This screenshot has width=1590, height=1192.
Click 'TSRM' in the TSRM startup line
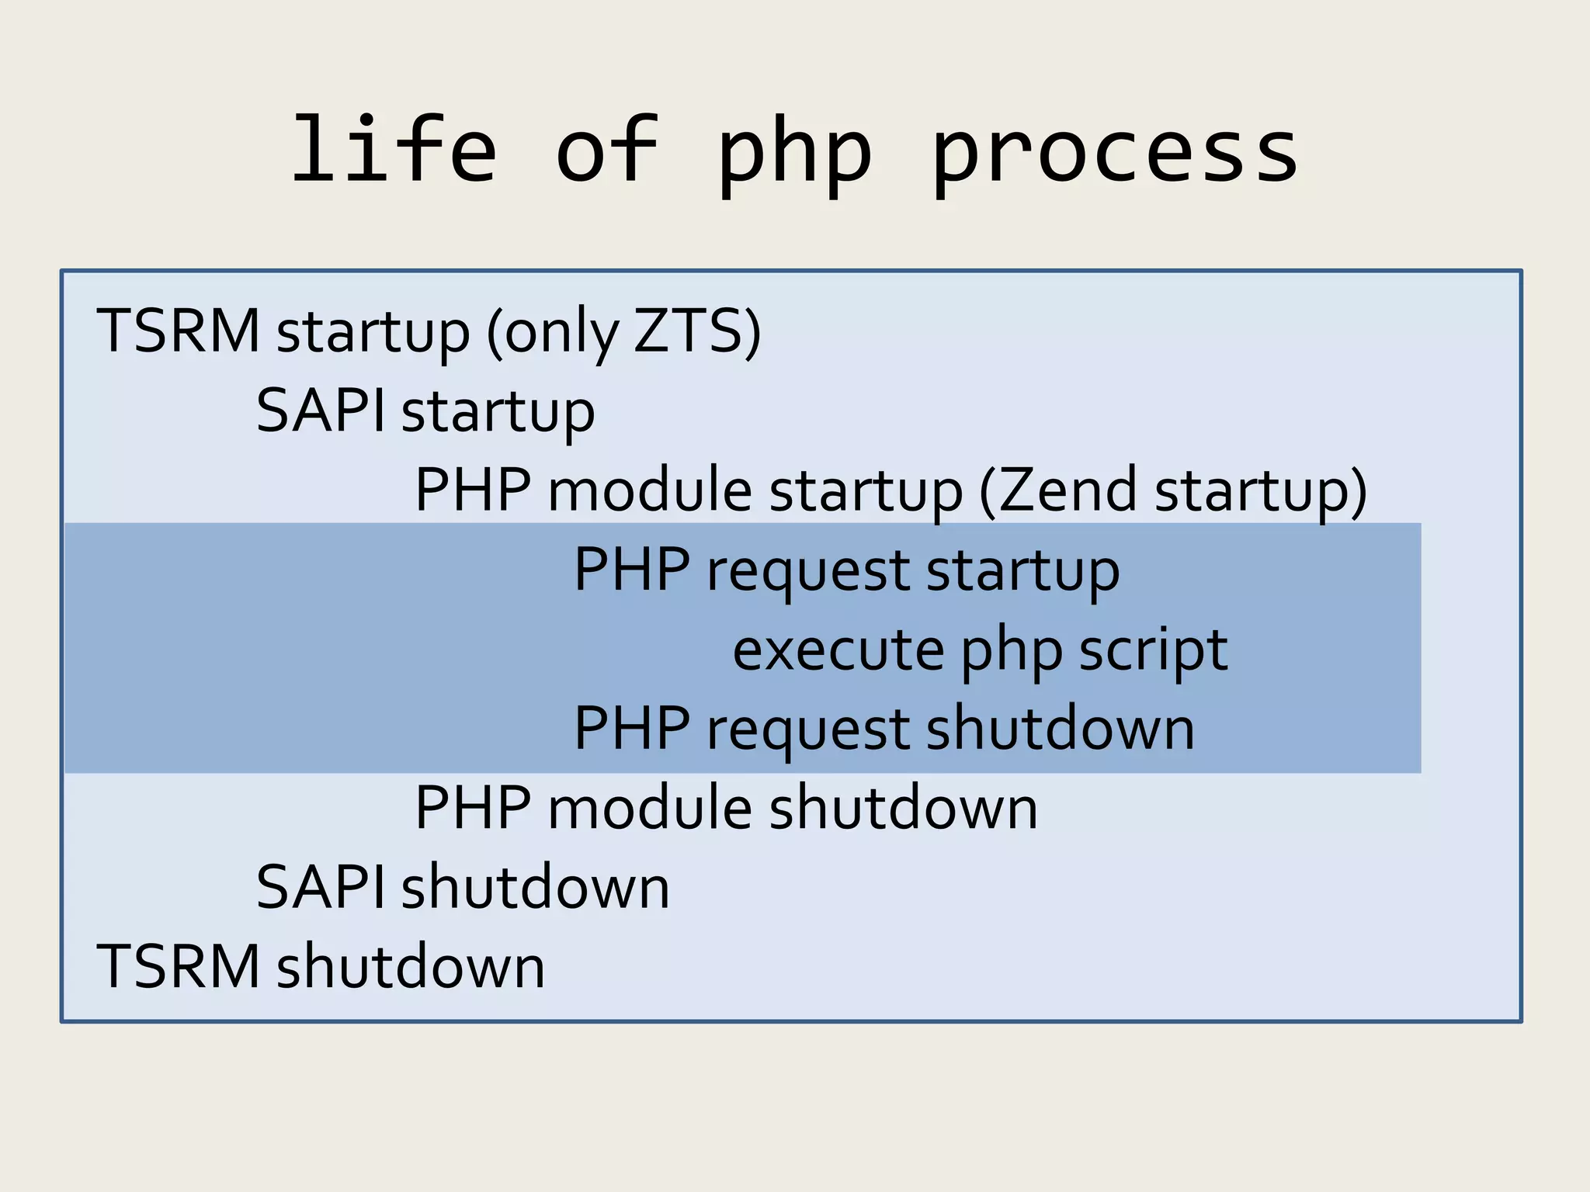(178, 331)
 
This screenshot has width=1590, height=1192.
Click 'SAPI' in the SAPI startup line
(321, 411)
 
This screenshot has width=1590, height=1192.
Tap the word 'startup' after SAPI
(498, 413)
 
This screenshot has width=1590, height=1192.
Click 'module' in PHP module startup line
(649, 490)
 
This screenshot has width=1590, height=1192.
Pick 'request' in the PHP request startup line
(807, 572)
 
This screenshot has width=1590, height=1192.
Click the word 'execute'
(837, 650)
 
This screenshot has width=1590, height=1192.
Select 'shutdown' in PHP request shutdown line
(1060, 729)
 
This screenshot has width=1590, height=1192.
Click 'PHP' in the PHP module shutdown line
(473, 808)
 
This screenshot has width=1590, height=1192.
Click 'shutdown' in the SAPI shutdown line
(535, 888)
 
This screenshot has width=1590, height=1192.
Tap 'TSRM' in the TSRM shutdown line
(178, 967)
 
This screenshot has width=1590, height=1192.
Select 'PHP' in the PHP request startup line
(631, 570)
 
